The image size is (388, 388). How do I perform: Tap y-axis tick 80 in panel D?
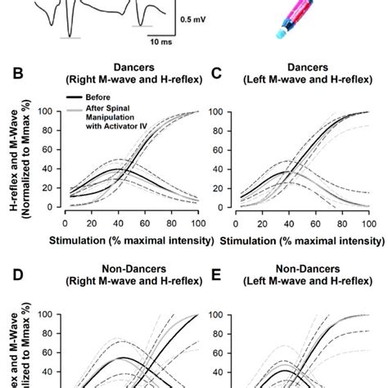pos(52,334)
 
